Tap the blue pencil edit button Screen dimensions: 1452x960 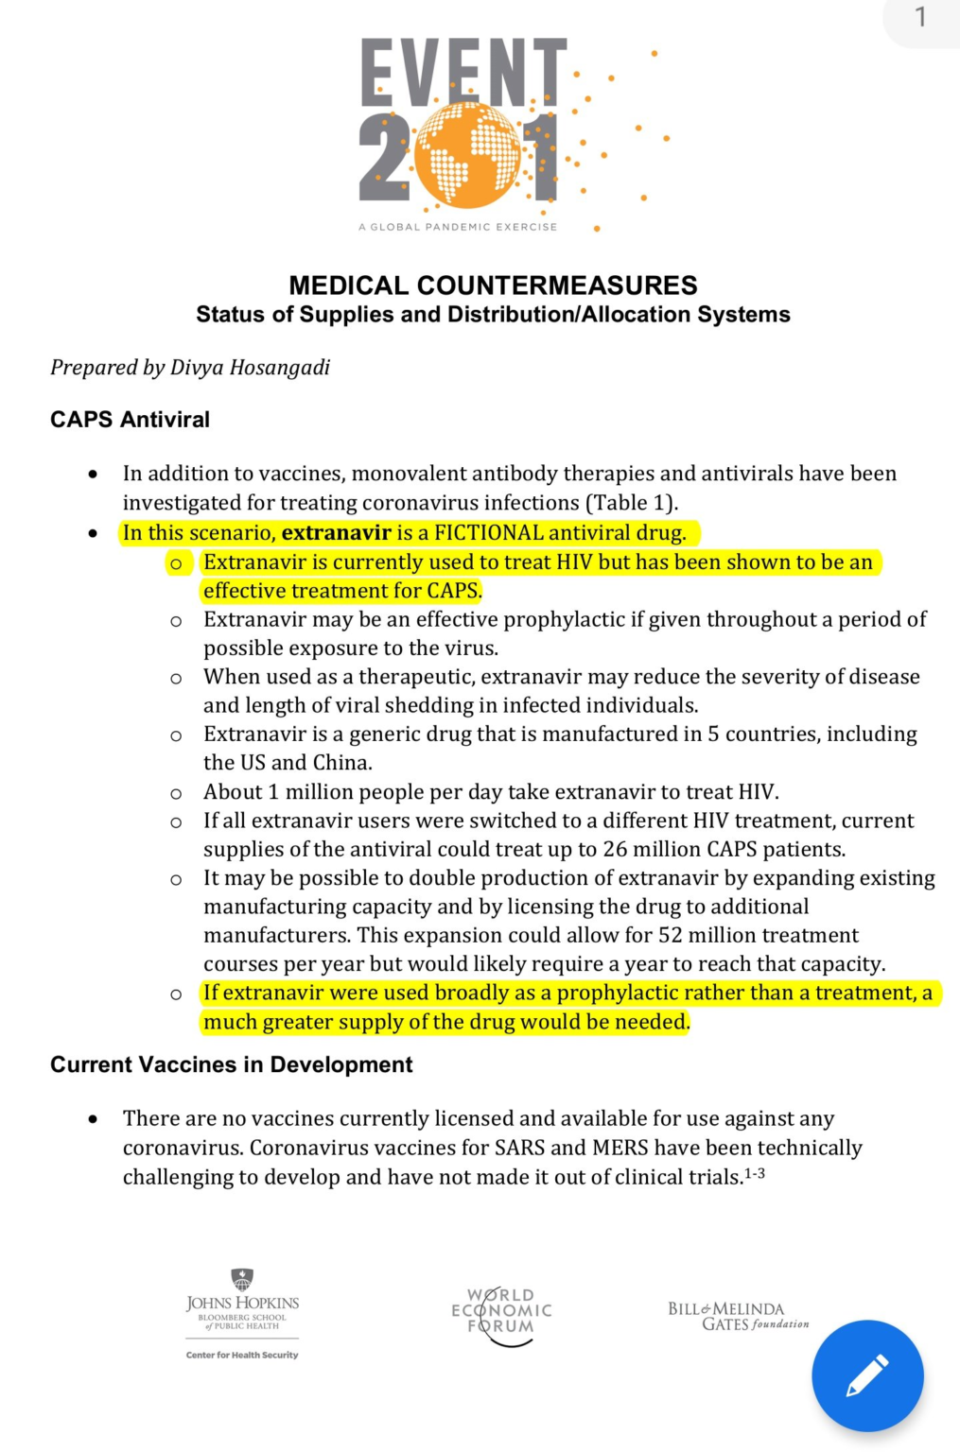pyautogui.click(x=866, y=1375)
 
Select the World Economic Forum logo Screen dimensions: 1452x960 pyautogui.click(x=501, y=1313)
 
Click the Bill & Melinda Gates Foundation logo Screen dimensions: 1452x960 pyautogui.click(x=738, y=1315)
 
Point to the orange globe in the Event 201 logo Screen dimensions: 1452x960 pyautogui.click(x=467, y=155)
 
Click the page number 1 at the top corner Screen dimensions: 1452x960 pyautogui.click(x=920, y=17)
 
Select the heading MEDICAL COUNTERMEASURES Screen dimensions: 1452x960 pyautogui.click(x=493, y=285)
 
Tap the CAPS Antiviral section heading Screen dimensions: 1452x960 pyautogui.click(x=130, y=419)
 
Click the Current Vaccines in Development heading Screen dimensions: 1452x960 pyautogui.click(x=231, y=1064)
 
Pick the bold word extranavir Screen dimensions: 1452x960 pyautogui.click(x=336, y=532)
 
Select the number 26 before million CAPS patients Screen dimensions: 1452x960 pyautogui.click(x=615, y=849)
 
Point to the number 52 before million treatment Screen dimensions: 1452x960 pyautogui.click(x=672, y=935)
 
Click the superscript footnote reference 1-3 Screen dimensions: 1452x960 pyautogui.click(x=754, y=1173)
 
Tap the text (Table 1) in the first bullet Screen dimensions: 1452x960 pyautogui.click(x=631, y=502)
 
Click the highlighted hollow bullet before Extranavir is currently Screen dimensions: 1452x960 pyautogui.click(x=176, y=563)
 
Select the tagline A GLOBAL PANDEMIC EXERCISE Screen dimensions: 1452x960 pyautogui.click(x=458, y=227)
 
